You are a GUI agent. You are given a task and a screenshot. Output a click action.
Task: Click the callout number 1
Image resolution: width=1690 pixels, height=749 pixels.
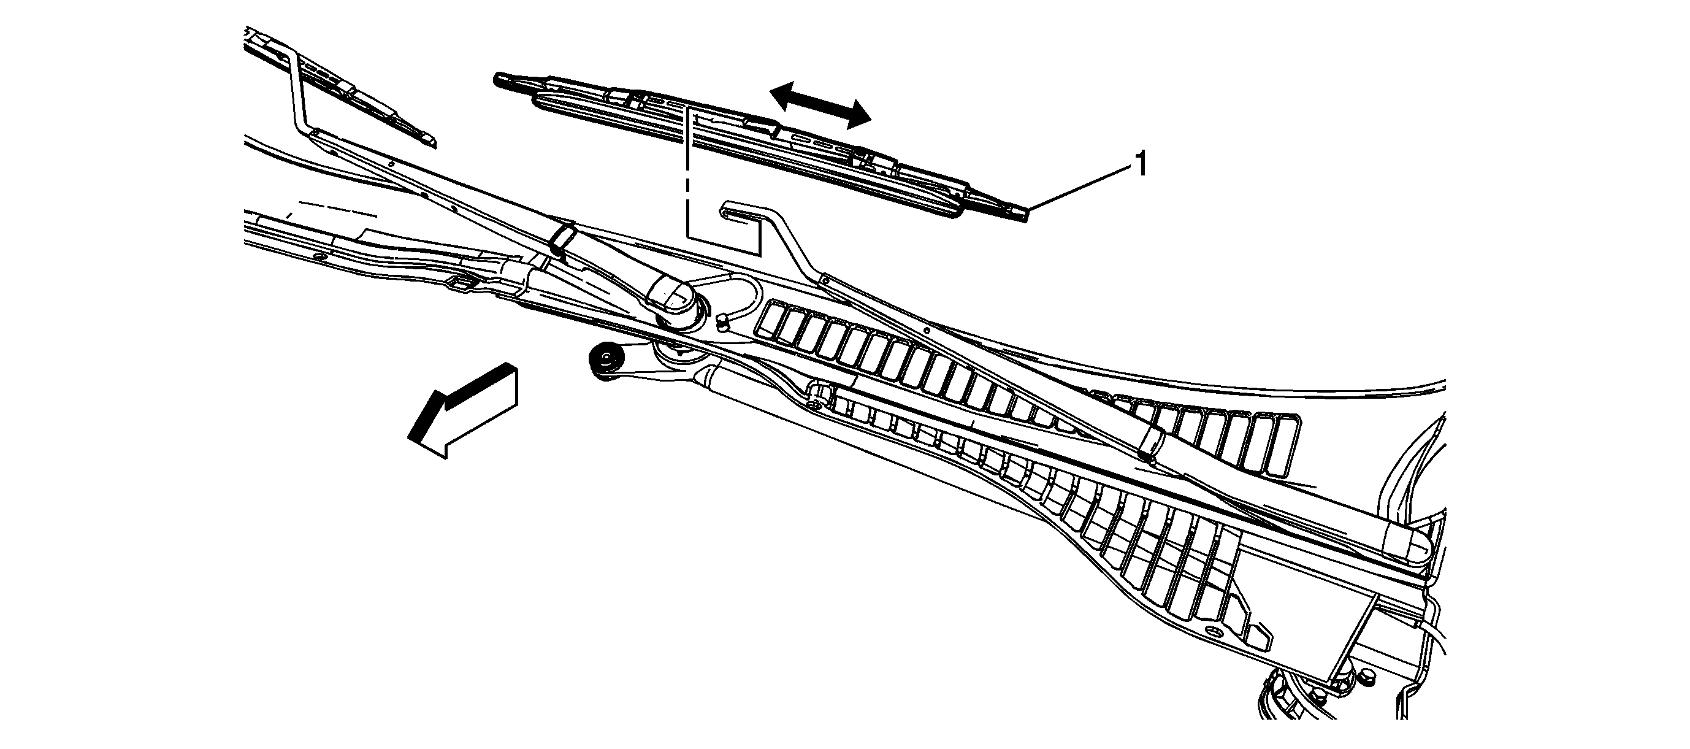tap(1141, 164)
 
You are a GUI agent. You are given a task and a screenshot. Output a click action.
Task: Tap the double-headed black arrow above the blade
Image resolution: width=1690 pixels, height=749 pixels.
tap(820, 105)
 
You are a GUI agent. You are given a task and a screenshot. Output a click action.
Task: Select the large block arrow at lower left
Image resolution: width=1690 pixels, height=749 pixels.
tap(463, 410)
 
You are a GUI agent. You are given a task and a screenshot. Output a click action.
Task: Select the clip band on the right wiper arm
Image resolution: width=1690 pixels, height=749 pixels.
tap(1152, 439)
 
